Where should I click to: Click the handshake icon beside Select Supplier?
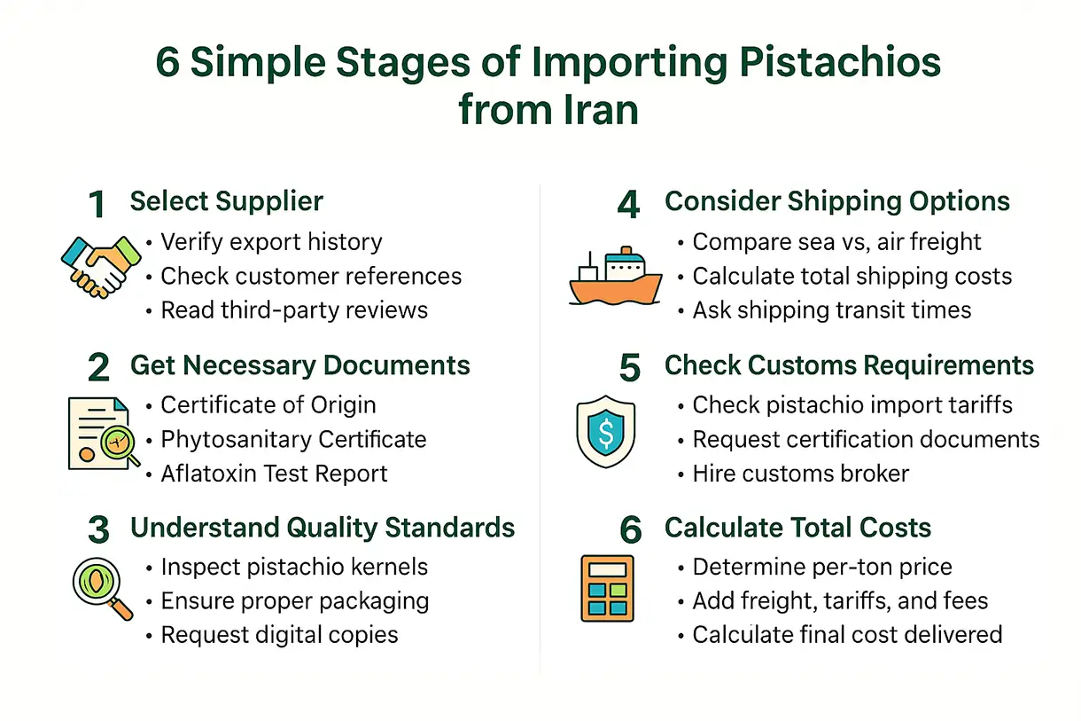tap(101, 264)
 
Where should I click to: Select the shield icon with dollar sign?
tap(605, 431)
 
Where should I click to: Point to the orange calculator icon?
tap(607, 587)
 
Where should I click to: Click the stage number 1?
tap(97, 205)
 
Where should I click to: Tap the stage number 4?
tap(628, 205)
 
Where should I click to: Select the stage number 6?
tap(630, 530)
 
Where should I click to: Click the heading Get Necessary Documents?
tap(299, 365)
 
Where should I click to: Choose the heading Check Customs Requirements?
tap(849, 365)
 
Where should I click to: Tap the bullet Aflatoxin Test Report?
tap(274, 474)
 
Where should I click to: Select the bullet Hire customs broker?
tap(800, 474)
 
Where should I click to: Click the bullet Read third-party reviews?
tap(294, 310)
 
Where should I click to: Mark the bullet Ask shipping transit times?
tap(831, 310)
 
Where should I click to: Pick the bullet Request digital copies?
tap(279, 635)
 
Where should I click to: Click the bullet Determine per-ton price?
tap(822, 567)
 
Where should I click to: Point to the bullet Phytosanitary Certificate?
tap(293, 439)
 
